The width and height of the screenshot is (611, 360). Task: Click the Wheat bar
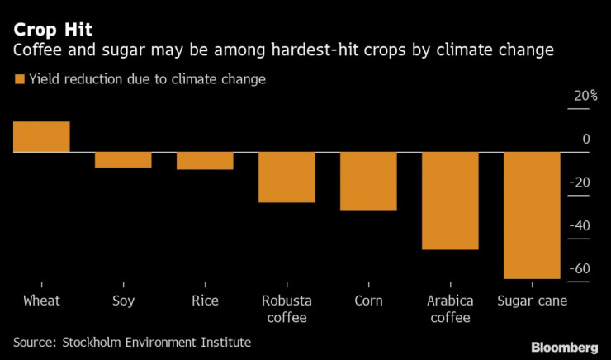(41, 137)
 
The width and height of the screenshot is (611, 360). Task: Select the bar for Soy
(123, 160)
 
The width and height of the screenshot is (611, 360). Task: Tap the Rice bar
(205, 161)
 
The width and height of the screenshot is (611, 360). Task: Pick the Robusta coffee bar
(287, 178)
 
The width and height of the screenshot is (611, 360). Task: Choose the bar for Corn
(368, 181)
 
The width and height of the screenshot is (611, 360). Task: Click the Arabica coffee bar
(450, 201)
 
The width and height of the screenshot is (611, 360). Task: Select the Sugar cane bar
(532, 216)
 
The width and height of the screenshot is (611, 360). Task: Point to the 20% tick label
(585, 96)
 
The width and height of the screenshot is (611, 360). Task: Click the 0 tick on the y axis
(586, 139)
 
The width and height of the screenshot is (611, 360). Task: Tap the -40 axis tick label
(581, 225)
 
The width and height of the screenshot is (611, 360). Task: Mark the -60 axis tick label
(581, 268)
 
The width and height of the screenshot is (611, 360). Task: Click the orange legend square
(18, 80)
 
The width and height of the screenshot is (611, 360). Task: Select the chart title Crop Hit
(51, 31)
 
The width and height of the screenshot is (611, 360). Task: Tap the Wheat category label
(41, 301)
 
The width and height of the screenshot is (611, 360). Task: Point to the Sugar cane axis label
(532, 301)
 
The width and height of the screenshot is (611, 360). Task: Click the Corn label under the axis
(368, 301)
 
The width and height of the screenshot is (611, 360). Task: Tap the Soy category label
(123, 301)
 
